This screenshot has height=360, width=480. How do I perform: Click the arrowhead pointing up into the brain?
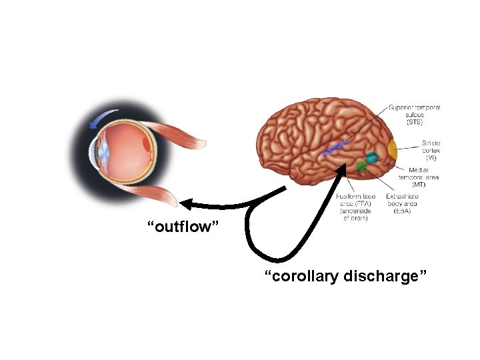[x=344, y=171]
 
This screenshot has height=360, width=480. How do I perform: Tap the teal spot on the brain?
[x=370, y=158]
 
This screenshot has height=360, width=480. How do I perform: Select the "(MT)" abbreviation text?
[x=419, y=185]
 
